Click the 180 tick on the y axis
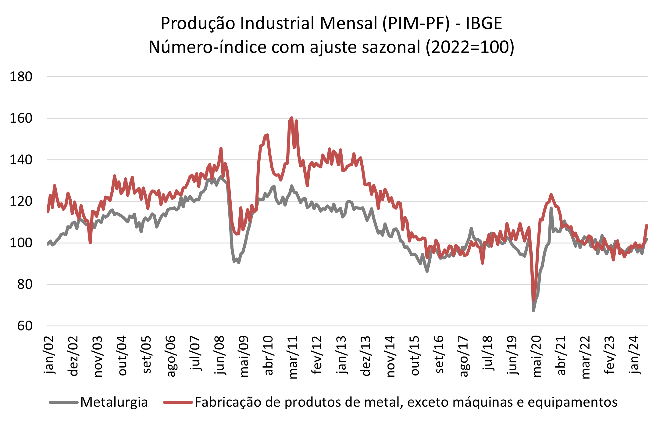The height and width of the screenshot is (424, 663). [x=21, y=77]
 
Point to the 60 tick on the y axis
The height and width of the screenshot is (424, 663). [x=25, y=326]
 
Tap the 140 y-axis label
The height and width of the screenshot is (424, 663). [x=21, y=160]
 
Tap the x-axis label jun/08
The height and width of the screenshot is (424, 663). [x=219, y=355]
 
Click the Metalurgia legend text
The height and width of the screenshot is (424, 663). [x=114, y=402]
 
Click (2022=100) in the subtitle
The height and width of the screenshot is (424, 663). [x=470, y=47]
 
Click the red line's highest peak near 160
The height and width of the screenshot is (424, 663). [x=292, y=118]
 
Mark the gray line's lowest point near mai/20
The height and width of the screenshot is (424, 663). [x=533, y=311]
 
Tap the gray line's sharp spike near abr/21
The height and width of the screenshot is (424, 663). [x=551, y=208]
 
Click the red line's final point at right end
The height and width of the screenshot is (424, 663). [x=647, y=225]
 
